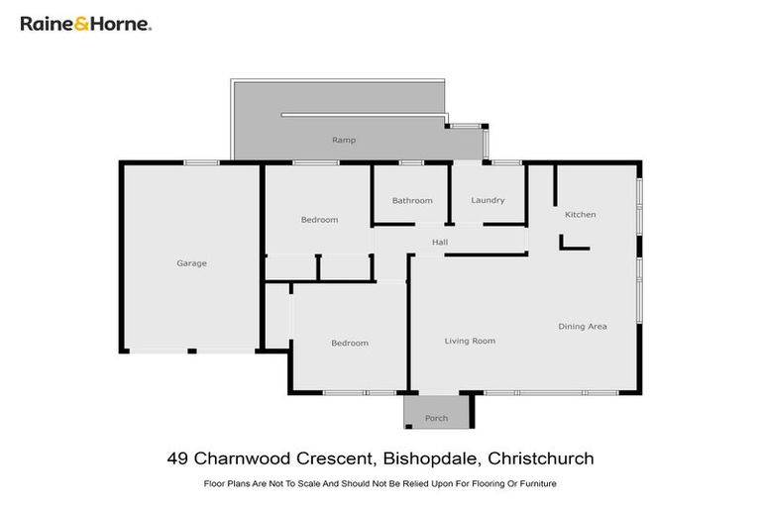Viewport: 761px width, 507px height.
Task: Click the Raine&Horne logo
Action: (86, 23)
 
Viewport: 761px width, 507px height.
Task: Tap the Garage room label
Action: (191, 263)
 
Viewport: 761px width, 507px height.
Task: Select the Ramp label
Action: (344, 141)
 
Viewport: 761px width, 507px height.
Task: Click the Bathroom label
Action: (412, 201)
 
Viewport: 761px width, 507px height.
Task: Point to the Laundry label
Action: (488, 200)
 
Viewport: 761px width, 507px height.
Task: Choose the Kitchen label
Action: (580, 215)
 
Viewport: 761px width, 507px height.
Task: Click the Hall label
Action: (440, 243)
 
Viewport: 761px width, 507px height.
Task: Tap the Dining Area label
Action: (583, 327)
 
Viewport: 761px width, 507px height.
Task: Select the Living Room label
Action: (470, 342)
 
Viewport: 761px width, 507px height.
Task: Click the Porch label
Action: (436, 419)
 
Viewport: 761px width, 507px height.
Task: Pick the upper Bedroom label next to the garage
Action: (319, 220)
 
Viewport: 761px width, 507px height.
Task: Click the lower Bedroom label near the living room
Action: (349, 344)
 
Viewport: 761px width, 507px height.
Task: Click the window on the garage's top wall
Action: (201, 162)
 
